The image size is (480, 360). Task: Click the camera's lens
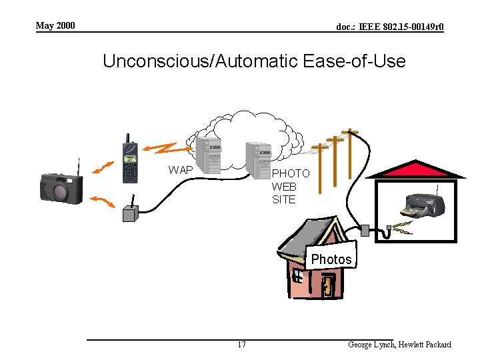[x=60, y=192]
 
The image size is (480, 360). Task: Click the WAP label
[x=181, y=170]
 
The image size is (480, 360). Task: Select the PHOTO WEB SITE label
[x=290, y=186]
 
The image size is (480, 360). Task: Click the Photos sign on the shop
[x=331, y=259]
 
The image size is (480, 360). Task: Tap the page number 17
[x=241, y=345]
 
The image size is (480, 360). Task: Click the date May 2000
[x=55, y=25]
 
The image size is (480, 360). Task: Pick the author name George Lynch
[x=371, y=345]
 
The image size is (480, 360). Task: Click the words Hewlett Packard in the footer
[x=425, y=345]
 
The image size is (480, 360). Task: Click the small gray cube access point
[x=130, y=213]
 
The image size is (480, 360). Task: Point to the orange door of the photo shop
[x=327, y=286]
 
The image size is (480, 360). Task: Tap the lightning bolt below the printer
[x=402, y=229]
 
